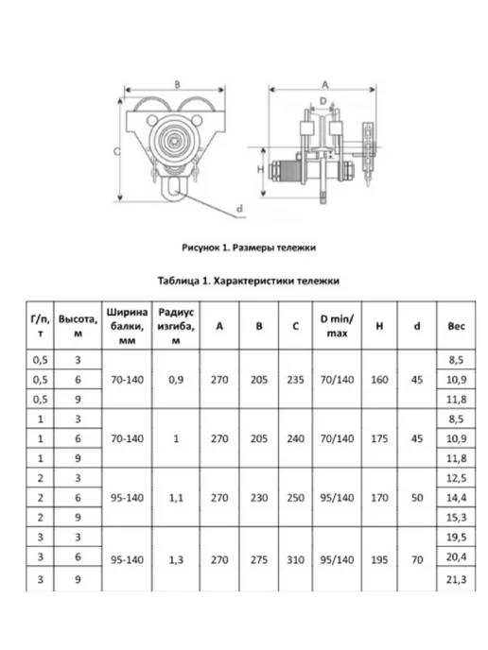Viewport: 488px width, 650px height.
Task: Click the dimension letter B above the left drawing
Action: tap(177, 84)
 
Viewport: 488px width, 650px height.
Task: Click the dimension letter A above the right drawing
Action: tap(325, 85)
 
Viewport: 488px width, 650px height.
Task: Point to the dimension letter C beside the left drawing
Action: tap(117, 151)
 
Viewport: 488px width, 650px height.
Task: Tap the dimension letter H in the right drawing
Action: tap(260, 169)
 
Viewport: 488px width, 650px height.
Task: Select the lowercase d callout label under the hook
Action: tap(239, 209)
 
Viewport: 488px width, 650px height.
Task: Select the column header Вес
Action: tap(456, 326)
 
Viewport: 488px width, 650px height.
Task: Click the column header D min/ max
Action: tap(337, 326)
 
